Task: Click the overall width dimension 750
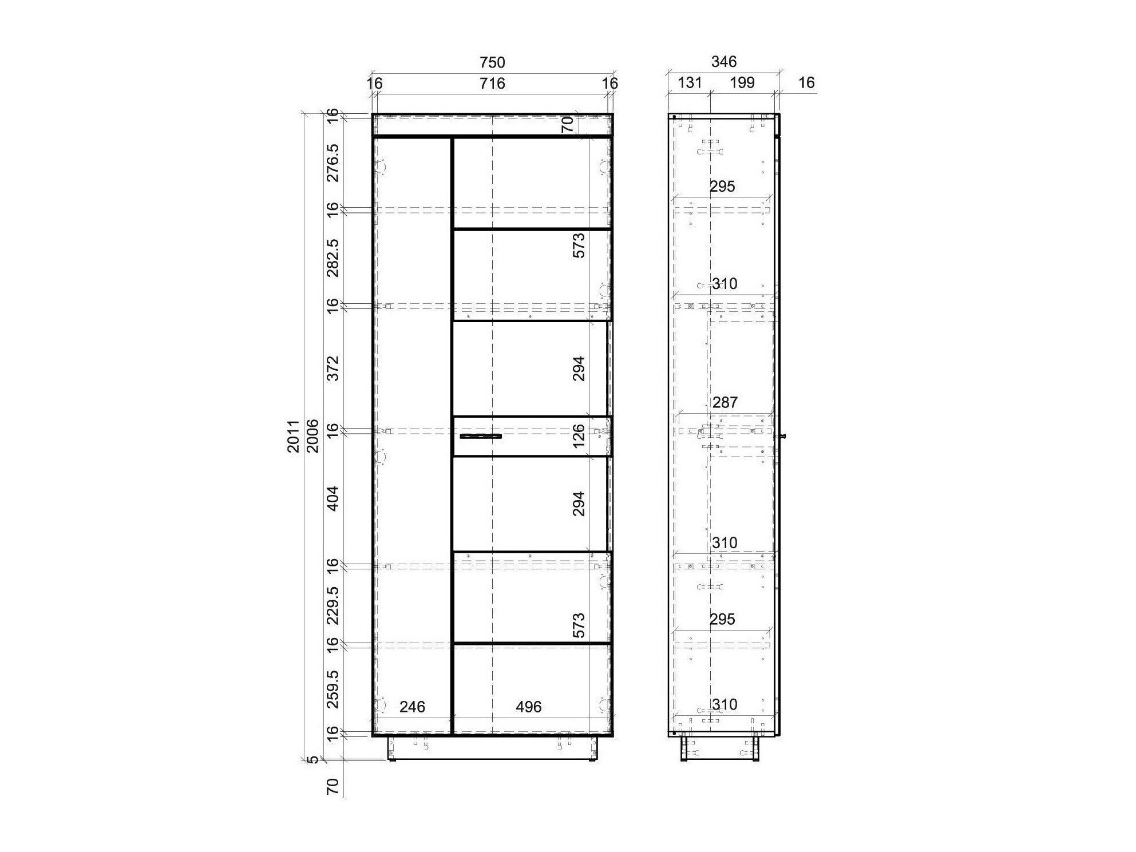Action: [492, 62]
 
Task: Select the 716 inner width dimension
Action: [492, 84]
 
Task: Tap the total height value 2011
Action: [294, 436]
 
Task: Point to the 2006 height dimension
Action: [312, 436]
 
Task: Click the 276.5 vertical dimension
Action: [333, 163]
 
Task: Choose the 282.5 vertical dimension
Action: [333, 257]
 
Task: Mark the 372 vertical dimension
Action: [333, 368]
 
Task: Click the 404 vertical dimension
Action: [333, 498]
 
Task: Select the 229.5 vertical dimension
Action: [333, 605]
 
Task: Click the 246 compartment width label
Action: [412, 707]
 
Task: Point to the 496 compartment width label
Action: [528, 707]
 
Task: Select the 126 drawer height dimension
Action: [579, 436]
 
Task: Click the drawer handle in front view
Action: [481, 437]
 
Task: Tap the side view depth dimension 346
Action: [724, 61]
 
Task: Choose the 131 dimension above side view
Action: [690, 82]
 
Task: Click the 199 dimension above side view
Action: [742, 82]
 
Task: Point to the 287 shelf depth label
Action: [725, 402]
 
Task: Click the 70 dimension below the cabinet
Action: [333, 787]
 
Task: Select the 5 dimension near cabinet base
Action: [312, 760]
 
